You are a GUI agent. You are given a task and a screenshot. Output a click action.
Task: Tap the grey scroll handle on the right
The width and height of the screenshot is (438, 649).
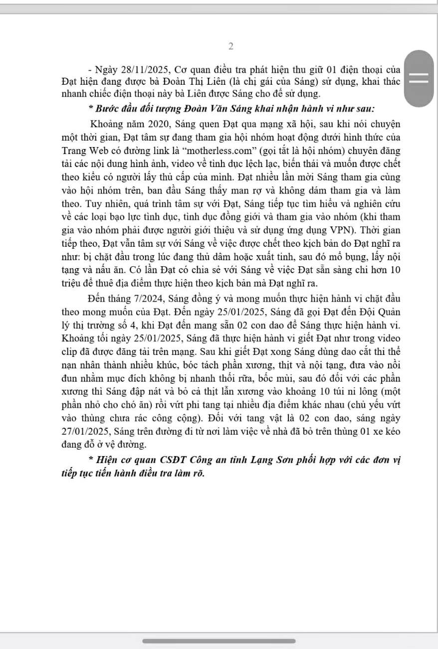click(x=419, y=78)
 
